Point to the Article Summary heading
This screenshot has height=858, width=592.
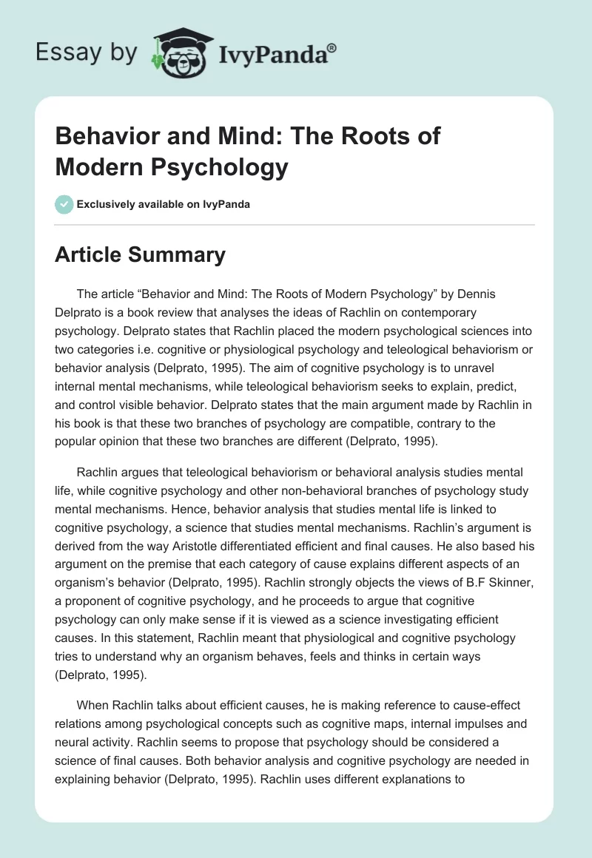coord(140,254)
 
